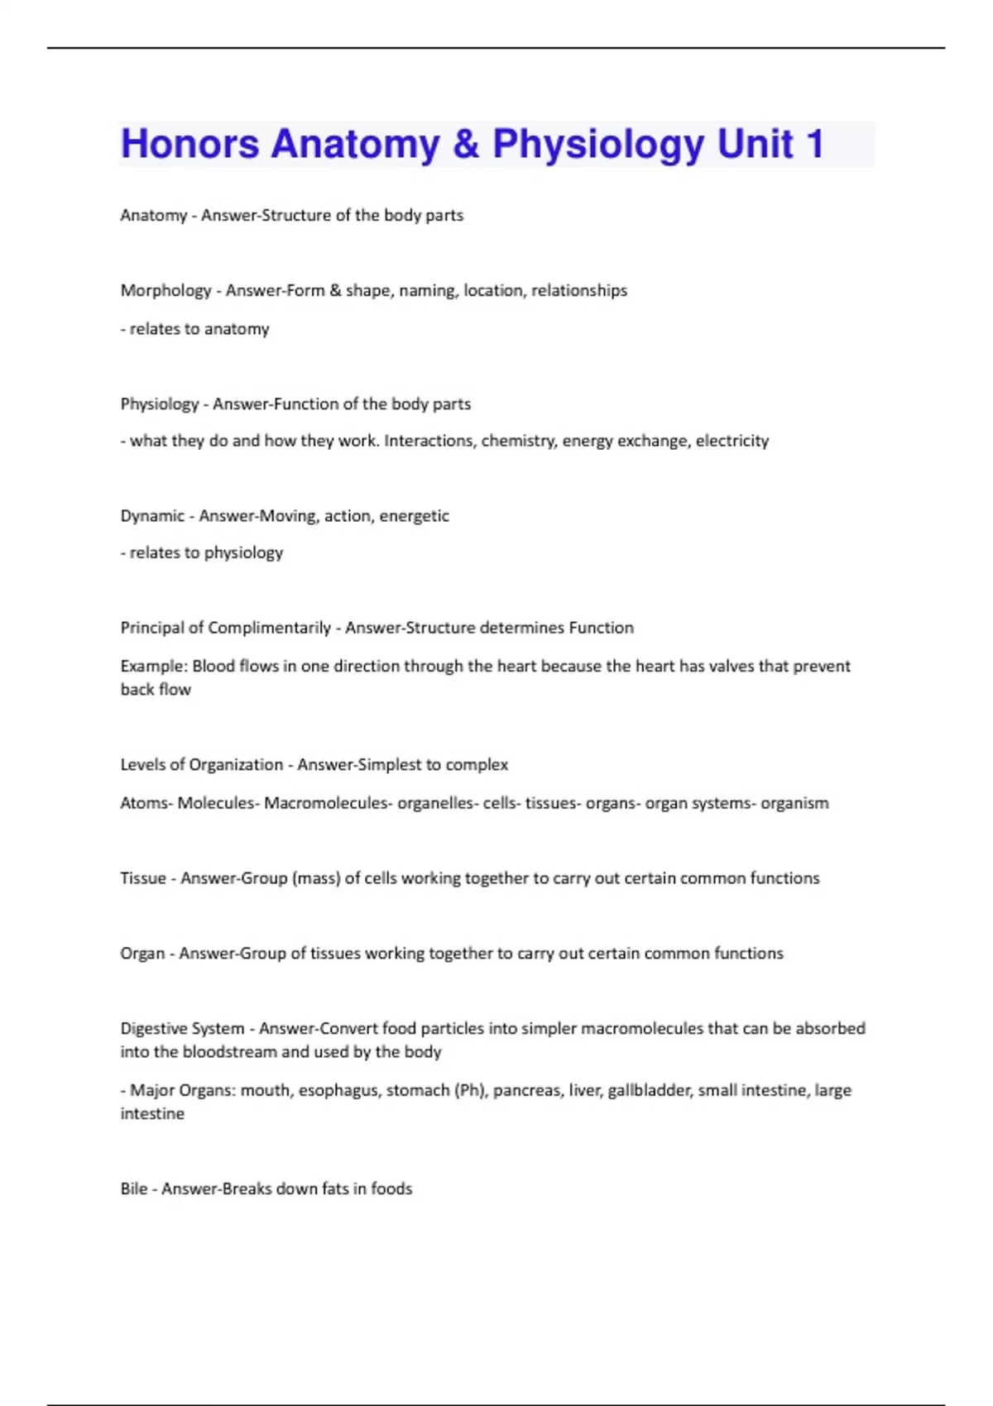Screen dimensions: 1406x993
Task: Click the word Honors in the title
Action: (x=189, y=144)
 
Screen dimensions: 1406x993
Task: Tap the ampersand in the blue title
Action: (x=466, y=144)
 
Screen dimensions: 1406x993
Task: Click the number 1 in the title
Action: (x=814, y=144)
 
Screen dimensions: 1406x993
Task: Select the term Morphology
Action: (x=165, y=290)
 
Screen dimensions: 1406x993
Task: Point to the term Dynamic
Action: (x=152, y=516)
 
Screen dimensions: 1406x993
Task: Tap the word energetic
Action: (x=414, y=516)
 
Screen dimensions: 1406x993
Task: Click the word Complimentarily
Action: (x=270, y=628)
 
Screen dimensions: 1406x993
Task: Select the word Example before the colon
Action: (x=152, y=667)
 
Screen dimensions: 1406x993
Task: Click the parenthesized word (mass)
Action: (x=316, y=878)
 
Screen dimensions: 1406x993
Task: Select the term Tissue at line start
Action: (x=143, y=878)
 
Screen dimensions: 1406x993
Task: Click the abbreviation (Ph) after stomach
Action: (x=470, y=1091)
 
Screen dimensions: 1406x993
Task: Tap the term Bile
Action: (x=133, y=1189)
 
